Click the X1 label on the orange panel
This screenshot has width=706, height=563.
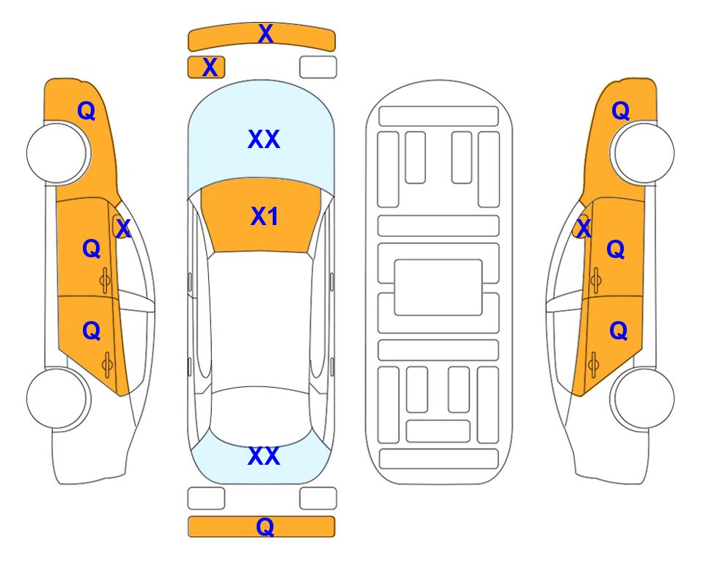click(265, 216)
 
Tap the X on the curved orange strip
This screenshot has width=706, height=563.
click(265, 33)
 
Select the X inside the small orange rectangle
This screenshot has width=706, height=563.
click(210, 67)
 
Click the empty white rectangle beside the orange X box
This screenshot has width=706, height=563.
click(318, 67)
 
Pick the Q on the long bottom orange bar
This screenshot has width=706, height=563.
click(265, 526)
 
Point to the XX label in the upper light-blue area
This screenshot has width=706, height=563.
click(264, 139)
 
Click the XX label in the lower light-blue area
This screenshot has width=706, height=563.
click(264, 456)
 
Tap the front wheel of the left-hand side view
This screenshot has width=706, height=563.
click(58, 153)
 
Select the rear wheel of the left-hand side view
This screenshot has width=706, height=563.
click(58, 398)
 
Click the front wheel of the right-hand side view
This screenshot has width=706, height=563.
click(642, 153)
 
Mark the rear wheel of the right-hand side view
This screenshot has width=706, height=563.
click(642, 398)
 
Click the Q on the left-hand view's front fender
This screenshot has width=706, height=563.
click(87, 111)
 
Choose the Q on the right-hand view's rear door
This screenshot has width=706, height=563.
click(618, 331)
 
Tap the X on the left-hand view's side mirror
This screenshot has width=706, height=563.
click(123, 228)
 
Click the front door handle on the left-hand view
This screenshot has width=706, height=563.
click(106, 281)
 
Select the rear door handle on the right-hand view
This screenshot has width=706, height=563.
click(594, 364)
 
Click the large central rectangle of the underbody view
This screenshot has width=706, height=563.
click(438, 287)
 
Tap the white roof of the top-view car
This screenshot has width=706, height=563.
click(260, 320)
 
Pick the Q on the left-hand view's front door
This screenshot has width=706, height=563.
click(92, 249)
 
